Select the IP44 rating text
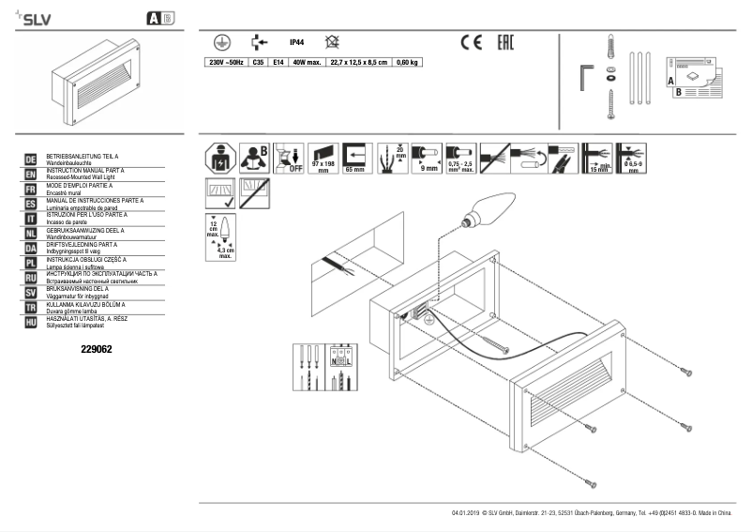[296, 42]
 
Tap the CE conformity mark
[469, 42]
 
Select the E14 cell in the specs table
[278, 62]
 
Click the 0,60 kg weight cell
[408, 62]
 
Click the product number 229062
[98, 349]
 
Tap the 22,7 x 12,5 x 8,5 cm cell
[357, 62]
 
